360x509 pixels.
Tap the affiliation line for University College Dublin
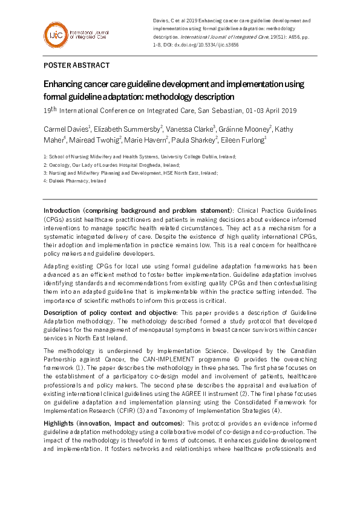[x=140, y=157]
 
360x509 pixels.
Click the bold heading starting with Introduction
[x=138, y=210]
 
